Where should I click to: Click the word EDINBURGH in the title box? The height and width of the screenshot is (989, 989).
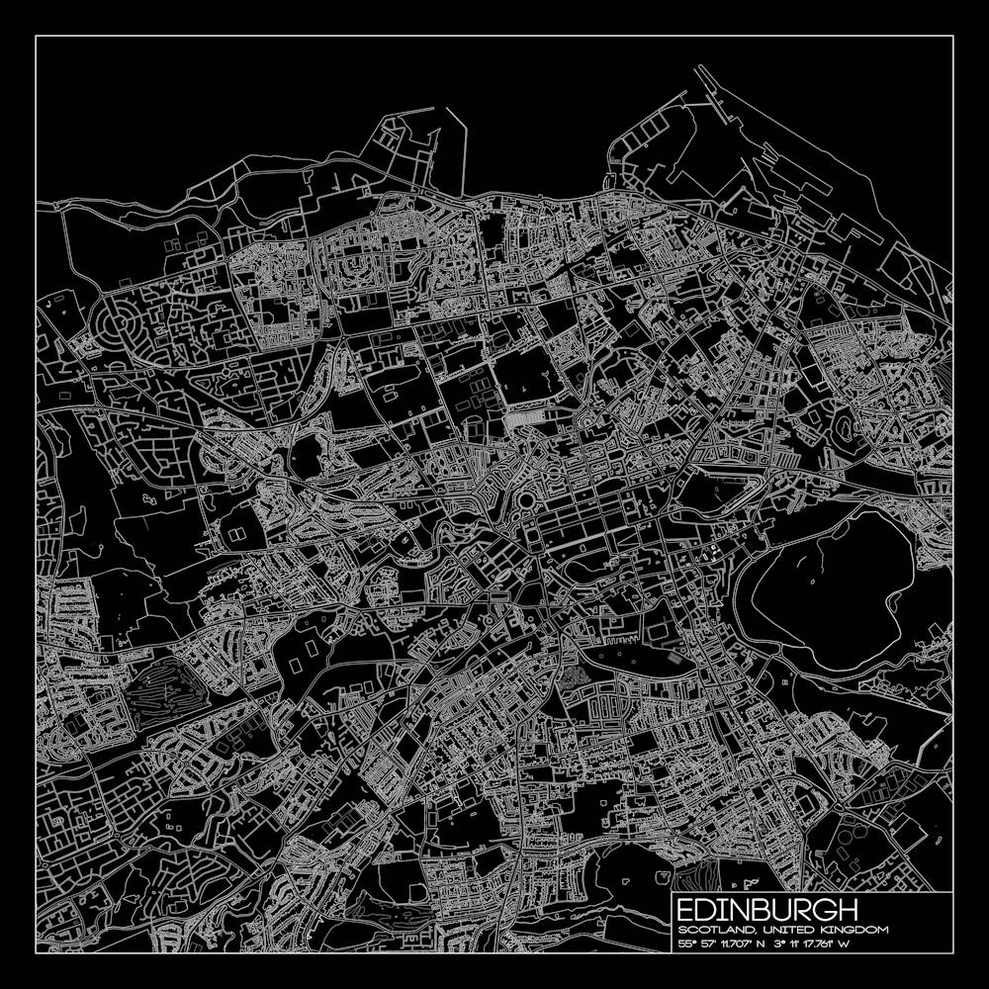767,910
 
